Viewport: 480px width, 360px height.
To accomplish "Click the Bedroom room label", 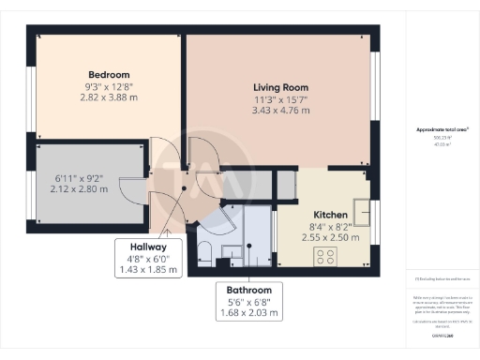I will [109, 75].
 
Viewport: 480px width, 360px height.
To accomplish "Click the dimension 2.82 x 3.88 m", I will [109, 97].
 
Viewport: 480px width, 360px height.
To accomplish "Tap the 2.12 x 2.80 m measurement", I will [80, 188].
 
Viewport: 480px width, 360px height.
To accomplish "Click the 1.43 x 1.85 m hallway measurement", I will [147, 270].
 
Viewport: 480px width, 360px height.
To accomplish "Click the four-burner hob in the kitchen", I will [325, 255].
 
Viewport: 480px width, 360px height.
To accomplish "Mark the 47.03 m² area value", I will [442, 145].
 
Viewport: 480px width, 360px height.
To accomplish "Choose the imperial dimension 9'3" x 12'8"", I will [109, 86].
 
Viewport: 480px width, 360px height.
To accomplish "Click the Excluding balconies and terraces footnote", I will [442, 278].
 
